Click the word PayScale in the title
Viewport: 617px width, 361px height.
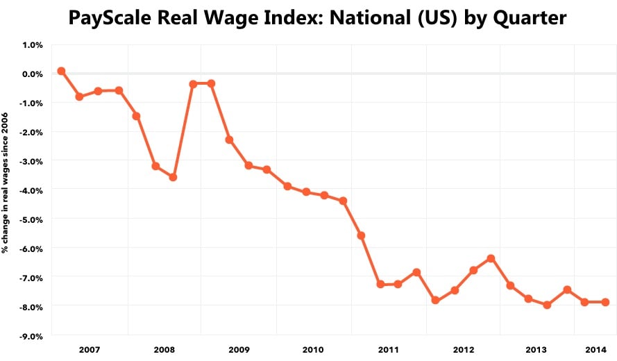coord(110,17)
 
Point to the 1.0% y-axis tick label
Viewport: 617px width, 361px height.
coord(32,44)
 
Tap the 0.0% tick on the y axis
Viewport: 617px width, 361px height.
coord(32,74)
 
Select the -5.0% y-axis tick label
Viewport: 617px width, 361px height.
coord(31,219)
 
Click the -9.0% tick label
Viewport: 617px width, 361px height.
coord(31,335)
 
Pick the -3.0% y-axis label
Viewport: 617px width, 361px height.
coord(31,161)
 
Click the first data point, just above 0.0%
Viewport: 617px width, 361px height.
coord(61,71)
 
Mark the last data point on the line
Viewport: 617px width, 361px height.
coord(605,302)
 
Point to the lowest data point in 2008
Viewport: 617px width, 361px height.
coord(173,177)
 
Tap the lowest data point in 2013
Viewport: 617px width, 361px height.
coord(547,305)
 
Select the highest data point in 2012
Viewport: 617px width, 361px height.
coord(491,258)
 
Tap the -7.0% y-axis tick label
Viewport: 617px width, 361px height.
coord(31,277)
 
